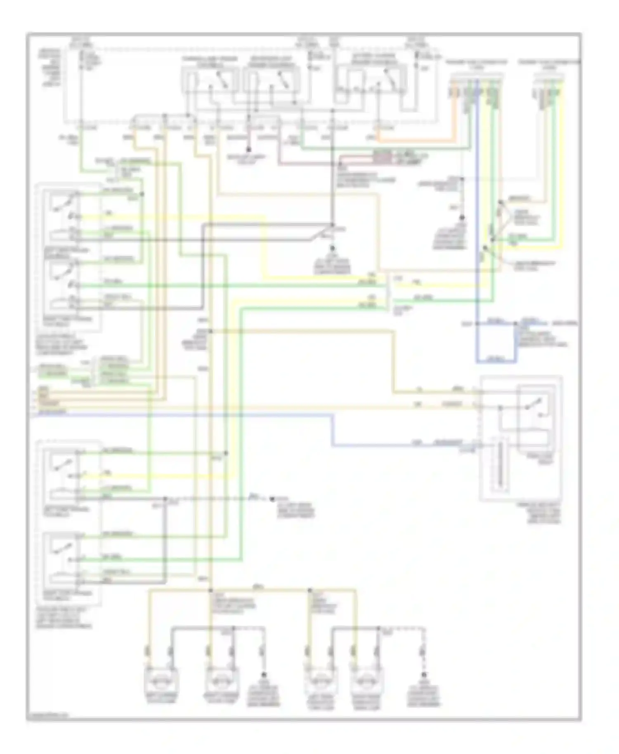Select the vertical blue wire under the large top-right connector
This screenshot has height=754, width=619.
tap(477, 206)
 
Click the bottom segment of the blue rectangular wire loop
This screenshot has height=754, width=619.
tap(495, 362)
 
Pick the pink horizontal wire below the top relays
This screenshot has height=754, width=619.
tap(305, 164)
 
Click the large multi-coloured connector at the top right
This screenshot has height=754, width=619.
tap(477, 89)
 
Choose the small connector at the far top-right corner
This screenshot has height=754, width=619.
tap(549, 89)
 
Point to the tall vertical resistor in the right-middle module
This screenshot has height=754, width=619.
tap(500, 466)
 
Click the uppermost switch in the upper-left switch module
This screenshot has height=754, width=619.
tap(66, 202)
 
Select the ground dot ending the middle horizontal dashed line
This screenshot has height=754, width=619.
tap(272, 499)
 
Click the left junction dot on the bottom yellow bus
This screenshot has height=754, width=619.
tap(210, 591)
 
